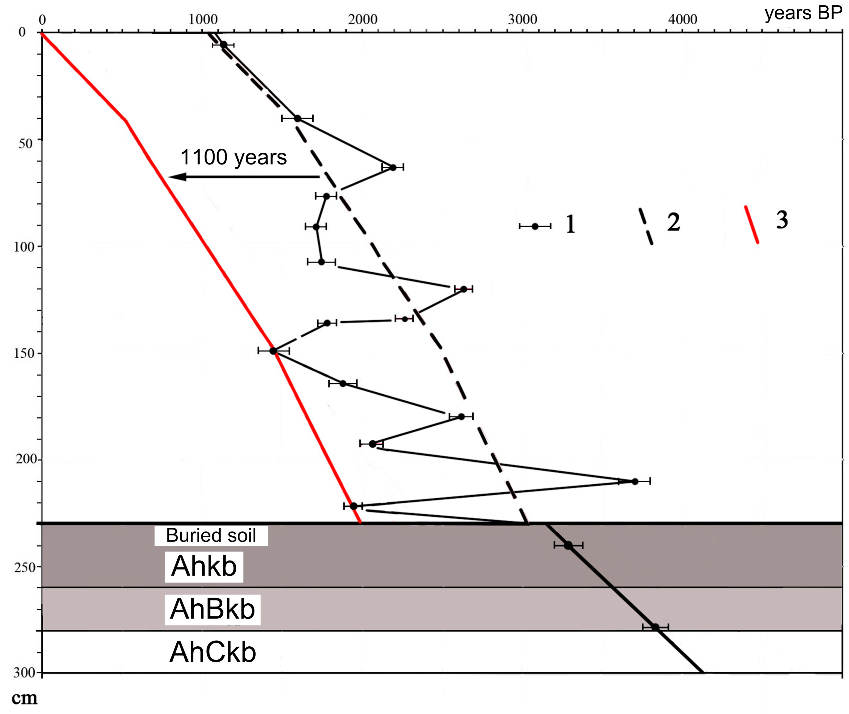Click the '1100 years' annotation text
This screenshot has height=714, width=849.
234,157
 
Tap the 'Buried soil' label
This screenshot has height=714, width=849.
211,535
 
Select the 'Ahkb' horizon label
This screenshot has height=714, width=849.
204,566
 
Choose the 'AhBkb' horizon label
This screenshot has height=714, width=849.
212,609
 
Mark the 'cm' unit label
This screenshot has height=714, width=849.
24,698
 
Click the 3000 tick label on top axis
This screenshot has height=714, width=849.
523,19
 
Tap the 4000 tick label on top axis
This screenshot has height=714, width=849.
683,19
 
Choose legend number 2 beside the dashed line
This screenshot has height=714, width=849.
674,222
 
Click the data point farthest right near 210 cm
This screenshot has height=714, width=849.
635,481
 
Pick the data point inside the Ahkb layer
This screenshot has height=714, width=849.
568,545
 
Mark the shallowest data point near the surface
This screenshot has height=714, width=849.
224,44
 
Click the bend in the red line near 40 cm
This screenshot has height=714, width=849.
126,120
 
